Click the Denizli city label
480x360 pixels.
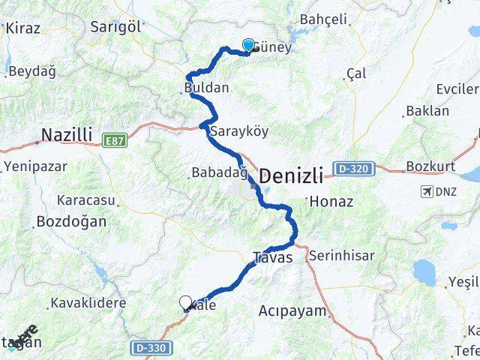(x=292, y=177)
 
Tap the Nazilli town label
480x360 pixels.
(x=67, y=135)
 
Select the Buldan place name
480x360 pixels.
(x=206, y=88)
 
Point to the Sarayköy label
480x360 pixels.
(x=239, y=130)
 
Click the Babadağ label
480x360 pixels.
(x=219, y=173)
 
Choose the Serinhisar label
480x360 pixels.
(x=341, y=255)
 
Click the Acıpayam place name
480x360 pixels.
(x=292, y=310)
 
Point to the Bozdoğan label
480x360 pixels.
(x=70, y=222)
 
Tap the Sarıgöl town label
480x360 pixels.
(x=115, y=26)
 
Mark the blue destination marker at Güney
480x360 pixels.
(x=248, y=46)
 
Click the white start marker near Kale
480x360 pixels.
(x=185, y=302)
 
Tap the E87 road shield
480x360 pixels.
(x=115, y=139)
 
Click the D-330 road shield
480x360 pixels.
(x=150, y=348)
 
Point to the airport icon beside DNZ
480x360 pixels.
(x=427, y=191)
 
